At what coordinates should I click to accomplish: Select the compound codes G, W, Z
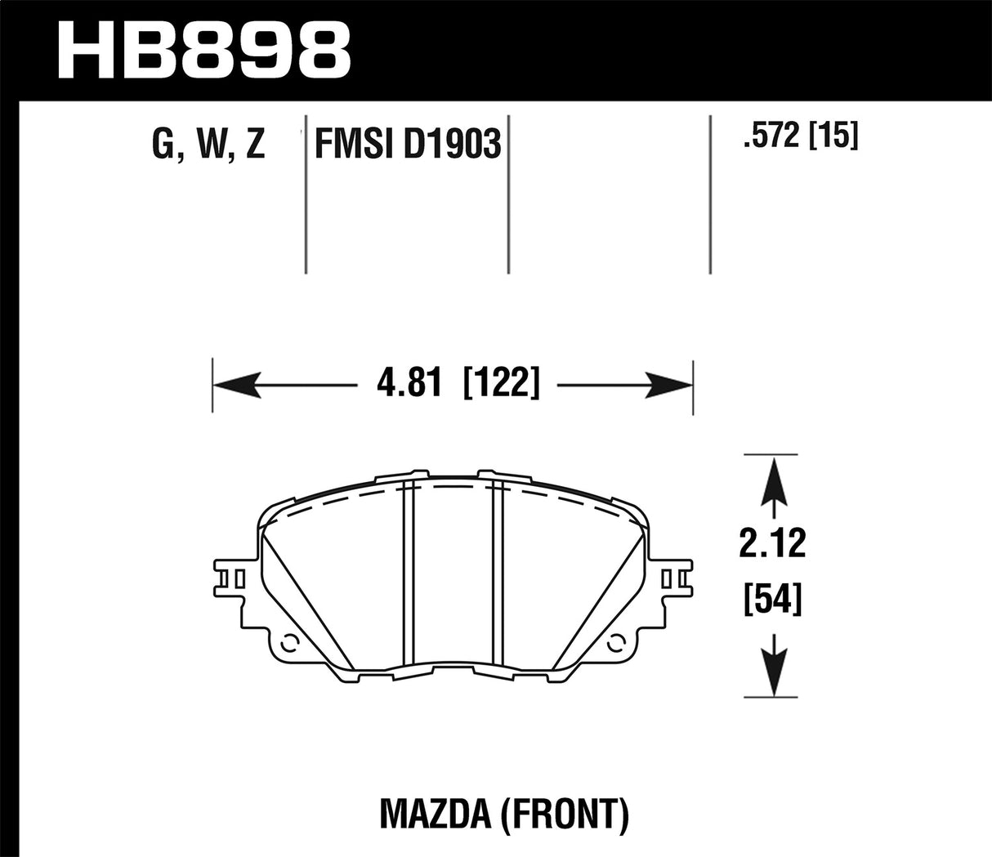coord(208,144)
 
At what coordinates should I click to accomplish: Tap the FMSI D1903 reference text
coord(406,145)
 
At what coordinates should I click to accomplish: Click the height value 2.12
coord(772,544)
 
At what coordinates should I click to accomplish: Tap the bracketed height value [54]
coord(772,601)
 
